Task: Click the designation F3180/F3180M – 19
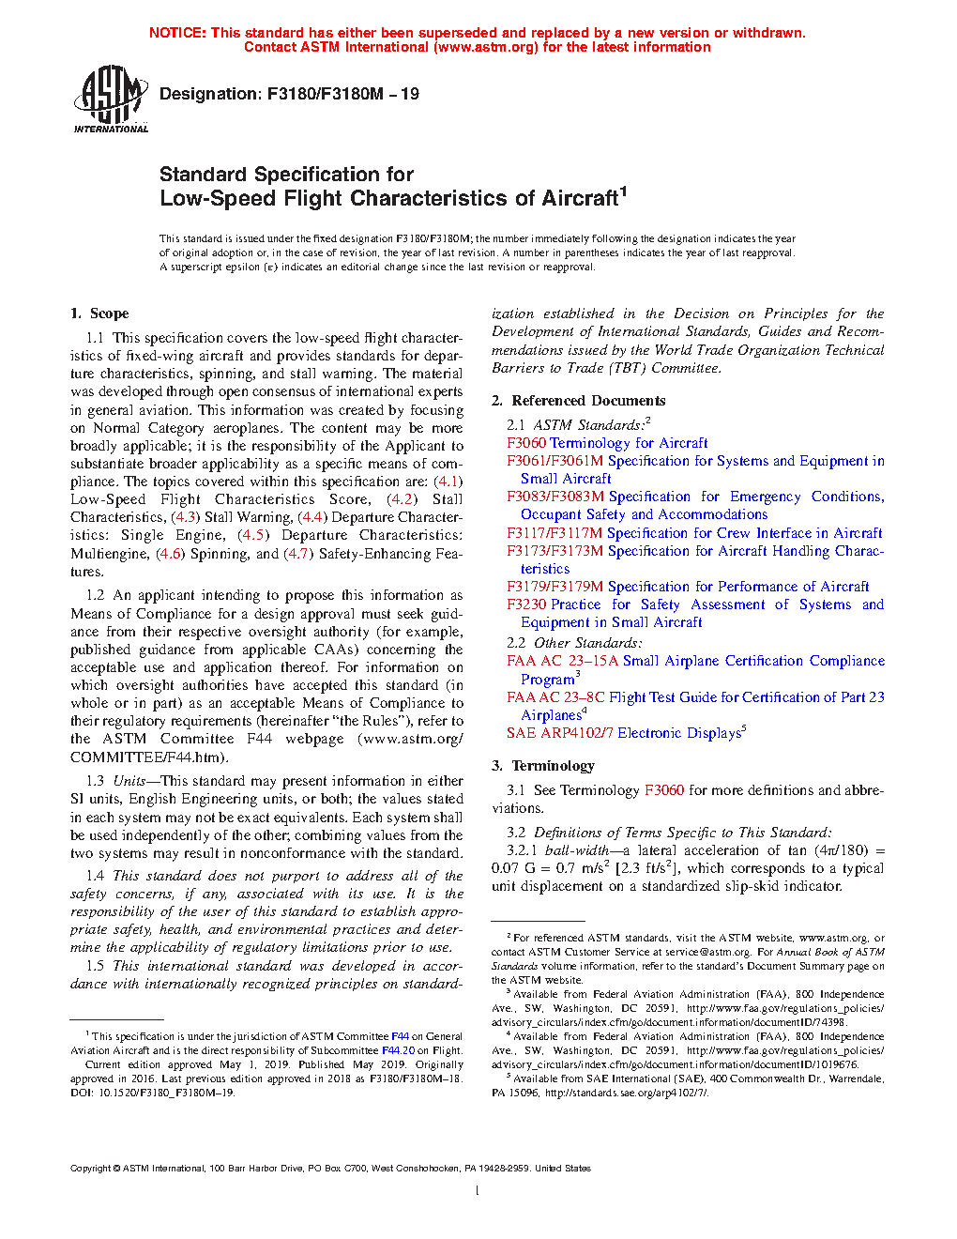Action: click(289, 94)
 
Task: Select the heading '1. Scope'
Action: click(99, 314)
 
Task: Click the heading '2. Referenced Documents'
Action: click(578, 401)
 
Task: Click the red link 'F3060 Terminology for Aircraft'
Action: click(607, 443)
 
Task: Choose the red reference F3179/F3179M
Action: click(554, 587)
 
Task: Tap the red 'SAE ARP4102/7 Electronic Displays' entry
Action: click(624, 733)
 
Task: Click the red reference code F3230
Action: click(527, 604)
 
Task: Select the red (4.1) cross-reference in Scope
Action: click(448, 482)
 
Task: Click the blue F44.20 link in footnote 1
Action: click(398, 1050)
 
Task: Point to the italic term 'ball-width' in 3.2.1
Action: click(576, 850)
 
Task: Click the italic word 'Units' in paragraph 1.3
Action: click(129, 781)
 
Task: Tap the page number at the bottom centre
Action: click(478, 1191)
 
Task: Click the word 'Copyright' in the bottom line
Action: click(90, 1169)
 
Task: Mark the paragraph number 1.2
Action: click(95, 595)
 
